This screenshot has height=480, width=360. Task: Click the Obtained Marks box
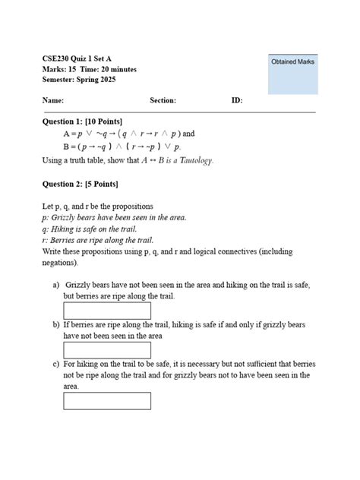point(293,74)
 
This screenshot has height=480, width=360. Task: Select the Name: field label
point(53,100)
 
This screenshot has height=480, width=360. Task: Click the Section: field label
point(163,100)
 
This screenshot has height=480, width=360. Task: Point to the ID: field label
point(237,100)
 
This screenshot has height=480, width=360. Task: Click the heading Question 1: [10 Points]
point(82,122)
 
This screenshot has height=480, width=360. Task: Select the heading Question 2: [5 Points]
point(80,184)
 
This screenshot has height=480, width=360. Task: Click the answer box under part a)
point(107,311)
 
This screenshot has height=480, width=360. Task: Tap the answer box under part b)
point(107,350)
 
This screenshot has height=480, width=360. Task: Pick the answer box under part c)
point(107,400)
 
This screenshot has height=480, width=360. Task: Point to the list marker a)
point(56,285)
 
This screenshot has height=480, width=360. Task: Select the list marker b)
point(56,324)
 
